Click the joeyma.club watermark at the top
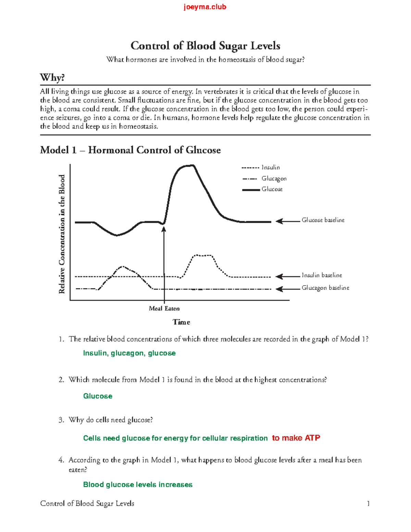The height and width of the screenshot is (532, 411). click(205, 7)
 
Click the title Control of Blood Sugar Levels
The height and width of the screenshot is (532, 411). click(205, 46)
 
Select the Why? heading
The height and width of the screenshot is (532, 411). click(52, 77)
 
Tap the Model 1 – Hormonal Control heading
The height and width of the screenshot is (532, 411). click(130, 150)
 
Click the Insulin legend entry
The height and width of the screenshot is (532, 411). click(271, 168)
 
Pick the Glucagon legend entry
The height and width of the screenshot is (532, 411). click(274, 178)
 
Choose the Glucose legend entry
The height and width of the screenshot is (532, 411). click(272, 189)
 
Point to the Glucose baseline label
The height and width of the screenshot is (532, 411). click(323, 220)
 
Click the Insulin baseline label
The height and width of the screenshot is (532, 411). click(321, 275)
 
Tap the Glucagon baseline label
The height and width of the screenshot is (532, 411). click(325, 288)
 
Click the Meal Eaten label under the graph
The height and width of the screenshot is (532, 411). click(164, 309)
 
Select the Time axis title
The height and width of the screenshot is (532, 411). click(181, 322)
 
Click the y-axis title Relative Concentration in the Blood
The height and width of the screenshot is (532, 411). click(62, 234)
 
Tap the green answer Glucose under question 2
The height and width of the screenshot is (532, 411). click(98, 396)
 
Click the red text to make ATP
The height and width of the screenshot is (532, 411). click(296, 438)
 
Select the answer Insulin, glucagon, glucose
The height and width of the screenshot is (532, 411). click(129, 353)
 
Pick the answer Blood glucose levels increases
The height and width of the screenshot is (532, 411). click(138, 485)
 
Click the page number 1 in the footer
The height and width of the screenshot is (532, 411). click(368, 504)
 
